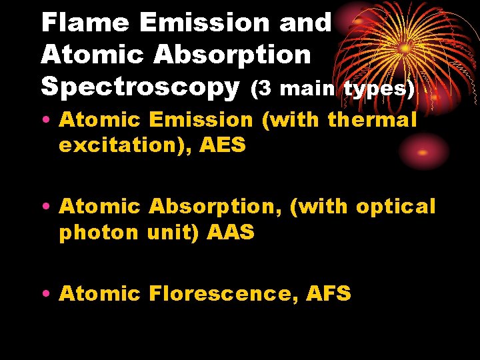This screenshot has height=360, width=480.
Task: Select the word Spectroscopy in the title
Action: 140,87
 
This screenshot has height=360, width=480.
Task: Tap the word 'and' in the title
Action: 305,23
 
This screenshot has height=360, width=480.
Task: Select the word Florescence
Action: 223,293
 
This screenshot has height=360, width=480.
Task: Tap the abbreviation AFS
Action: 329,293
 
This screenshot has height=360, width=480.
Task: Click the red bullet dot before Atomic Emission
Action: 50,121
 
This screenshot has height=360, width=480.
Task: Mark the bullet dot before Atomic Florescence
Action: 50,294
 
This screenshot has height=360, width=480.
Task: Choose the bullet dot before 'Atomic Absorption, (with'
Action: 50,207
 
